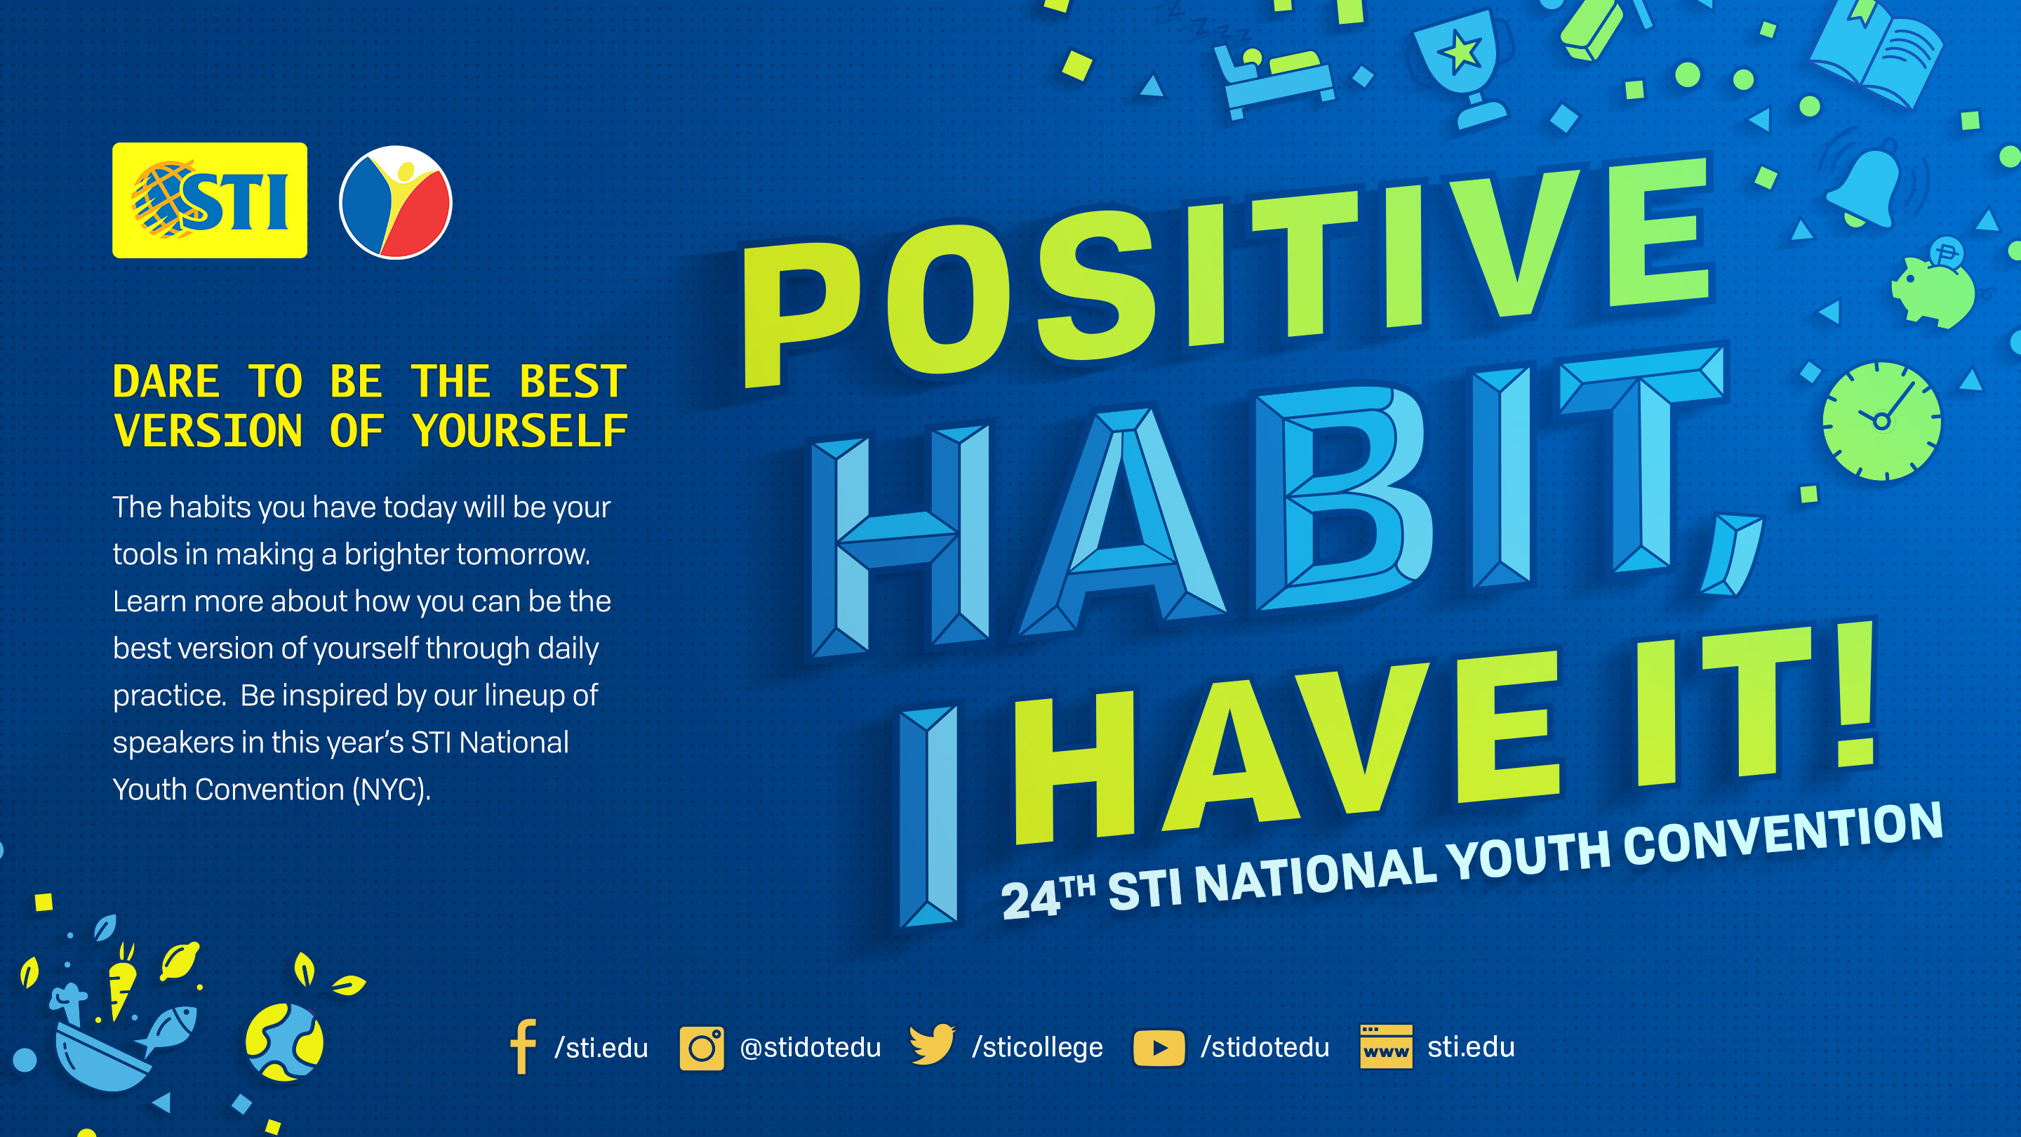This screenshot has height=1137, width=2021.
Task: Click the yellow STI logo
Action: pos(210,200)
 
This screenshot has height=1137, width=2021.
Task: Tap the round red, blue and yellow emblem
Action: pos(395,202)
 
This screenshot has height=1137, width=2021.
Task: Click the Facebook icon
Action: pos(523,1046)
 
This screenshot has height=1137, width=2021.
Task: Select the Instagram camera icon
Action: pos(702,1048)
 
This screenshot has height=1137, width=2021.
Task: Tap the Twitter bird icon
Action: pos(932,1044)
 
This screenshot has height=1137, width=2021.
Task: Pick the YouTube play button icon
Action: pos(1159,1049)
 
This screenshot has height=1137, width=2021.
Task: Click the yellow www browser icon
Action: pos(1385,1046)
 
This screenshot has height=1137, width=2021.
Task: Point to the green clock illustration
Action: pos(1881,421)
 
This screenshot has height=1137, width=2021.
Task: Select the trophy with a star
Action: pos(1462,66)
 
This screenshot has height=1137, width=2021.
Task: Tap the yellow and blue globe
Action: pos(284,1042)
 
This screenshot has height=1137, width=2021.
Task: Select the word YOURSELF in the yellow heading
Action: pos(520,431)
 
